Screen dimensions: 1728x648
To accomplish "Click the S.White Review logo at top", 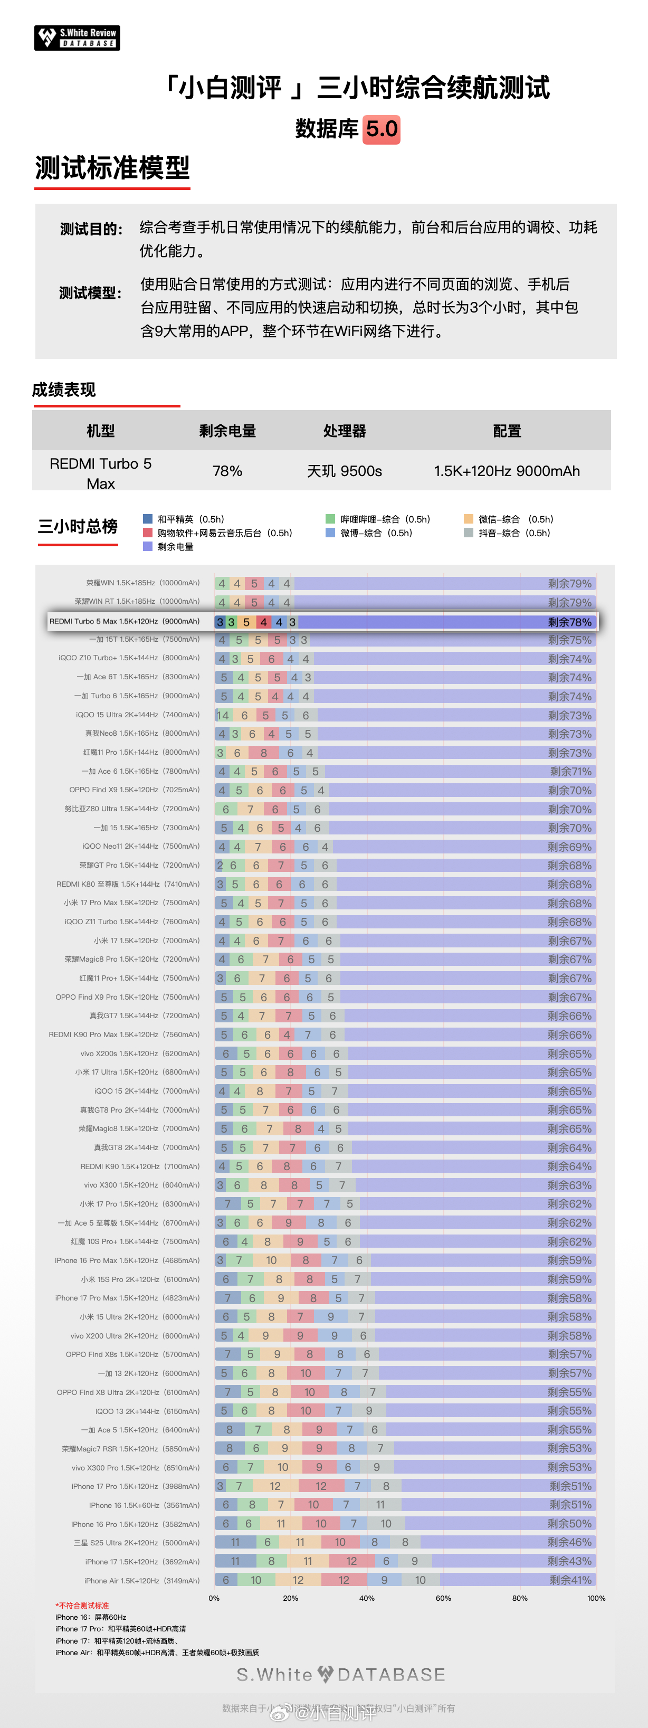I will tap(77, 37).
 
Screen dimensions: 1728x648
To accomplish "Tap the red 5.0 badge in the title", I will tap(382, 129).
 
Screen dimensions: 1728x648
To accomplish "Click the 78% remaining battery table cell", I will tap(227, 471).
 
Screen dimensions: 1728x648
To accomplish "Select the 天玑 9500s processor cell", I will tap(344, 471).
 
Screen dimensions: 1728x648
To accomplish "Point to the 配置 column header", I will tap(507, 431).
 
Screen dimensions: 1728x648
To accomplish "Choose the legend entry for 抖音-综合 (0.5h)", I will tap(507, 533).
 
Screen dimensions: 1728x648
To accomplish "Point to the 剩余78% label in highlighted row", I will tap(569, 622).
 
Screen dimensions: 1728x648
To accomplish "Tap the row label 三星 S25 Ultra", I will tap(137, 1543).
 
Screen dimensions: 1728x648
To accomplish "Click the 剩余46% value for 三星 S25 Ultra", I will tap(569, 1543).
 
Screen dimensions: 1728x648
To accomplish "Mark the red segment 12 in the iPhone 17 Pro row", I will tap(321, 1486).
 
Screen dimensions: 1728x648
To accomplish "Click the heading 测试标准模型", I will tap(113, 168).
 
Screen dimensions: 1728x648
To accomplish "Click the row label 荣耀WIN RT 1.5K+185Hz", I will tap(137, 602).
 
